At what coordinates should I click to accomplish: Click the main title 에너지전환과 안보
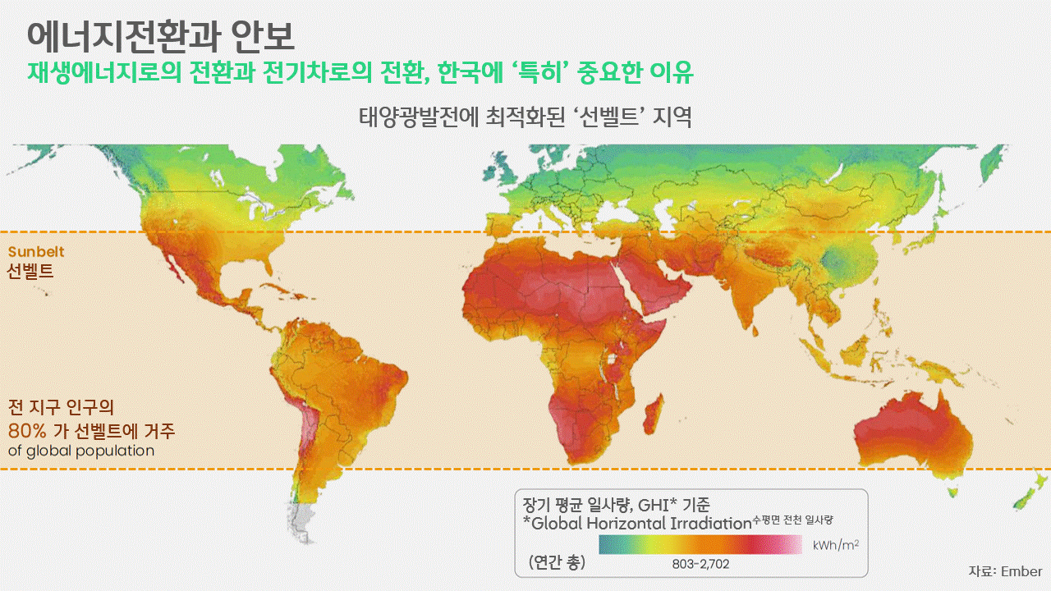161,35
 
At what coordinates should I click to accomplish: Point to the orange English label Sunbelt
36,252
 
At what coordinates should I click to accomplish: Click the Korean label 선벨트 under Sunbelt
30,271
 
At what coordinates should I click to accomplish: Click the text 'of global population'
81,451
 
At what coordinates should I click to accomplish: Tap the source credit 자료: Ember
1005,571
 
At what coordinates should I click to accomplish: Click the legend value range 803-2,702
700,564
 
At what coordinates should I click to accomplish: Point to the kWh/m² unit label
836,544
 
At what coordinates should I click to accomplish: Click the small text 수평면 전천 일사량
797,520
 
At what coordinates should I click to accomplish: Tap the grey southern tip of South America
305,521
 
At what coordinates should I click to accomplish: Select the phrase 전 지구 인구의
60,407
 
